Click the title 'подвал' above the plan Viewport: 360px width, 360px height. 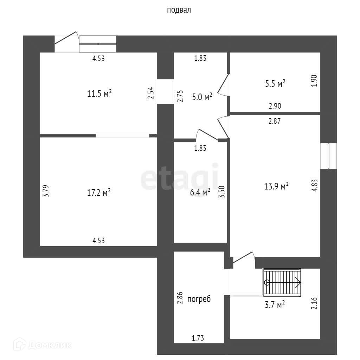click(x=179, y=10)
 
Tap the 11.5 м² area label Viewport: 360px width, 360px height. click(x=99, y=94)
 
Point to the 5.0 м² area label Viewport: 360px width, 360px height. click(x=202, y=97)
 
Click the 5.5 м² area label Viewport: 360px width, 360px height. click(x=275, y=84)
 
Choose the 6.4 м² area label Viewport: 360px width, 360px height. click(x=200, y=192)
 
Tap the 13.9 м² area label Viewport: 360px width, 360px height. click(x=276, y=186)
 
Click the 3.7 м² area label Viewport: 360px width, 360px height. click(x=274, y=305)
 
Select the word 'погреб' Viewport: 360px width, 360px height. click(x=199, y=299)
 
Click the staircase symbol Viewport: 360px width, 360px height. click(x=282, y=282)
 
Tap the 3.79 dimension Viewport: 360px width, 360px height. click(x=45, y=192)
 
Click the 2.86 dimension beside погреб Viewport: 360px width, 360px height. click(x=180, y=298)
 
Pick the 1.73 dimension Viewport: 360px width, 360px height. click(x=198, y=338)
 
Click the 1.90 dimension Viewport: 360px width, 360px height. click(x=315, y=81)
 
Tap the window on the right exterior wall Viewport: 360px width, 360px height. click(x=328, y=156)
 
